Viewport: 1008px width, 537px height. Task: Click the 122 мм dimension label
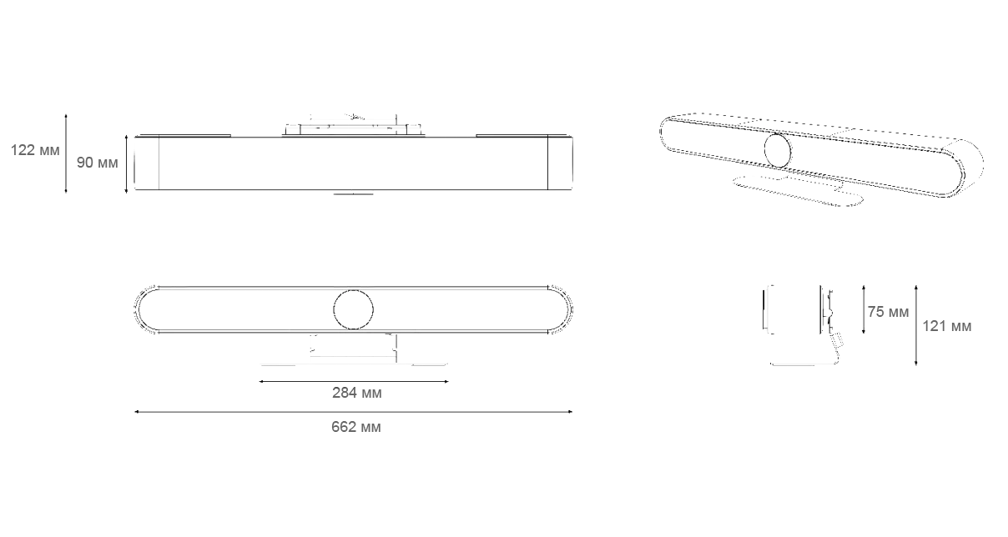pos(35,150)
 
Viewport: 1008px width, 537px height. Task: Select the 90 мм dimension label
pos(97,163)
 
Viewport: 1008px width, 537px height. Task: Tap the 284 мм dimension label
pos(357,393)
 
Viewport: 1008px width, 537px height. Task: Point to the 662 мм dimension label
pos(356,427)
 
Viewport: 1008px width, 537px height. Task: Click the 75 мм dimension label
pos(888,312)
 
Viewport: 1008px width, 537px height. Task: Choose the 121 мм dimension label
pos(947,326)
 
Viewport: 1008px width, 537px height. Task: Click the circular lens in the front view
pos(353,309)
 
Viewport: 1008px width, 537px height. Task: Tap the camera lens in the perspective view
pos(778,150)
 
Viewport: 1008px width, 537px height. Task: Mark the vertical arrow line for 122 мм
pos(66,153)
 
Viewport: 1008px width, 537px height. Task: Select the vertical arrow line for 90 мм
pos(127,164)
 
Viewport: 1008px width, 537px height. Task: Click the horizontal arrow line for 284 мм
pos(354,381)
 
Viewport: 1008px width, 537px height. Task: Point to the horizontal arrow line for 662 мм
pos(353,412)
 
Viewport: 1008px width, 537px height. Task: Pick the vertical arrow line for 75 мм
pos(863,309)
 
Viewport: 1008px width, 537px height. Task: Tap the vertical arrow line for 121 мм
pos(915,325)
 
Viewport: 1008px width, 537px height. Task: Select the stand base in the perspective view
pos(798,191)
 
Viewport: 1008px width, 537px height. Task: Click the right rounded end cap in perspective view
pos(963,168)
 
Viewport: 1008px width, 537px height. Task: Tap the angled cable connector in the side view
pos(838,341)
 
